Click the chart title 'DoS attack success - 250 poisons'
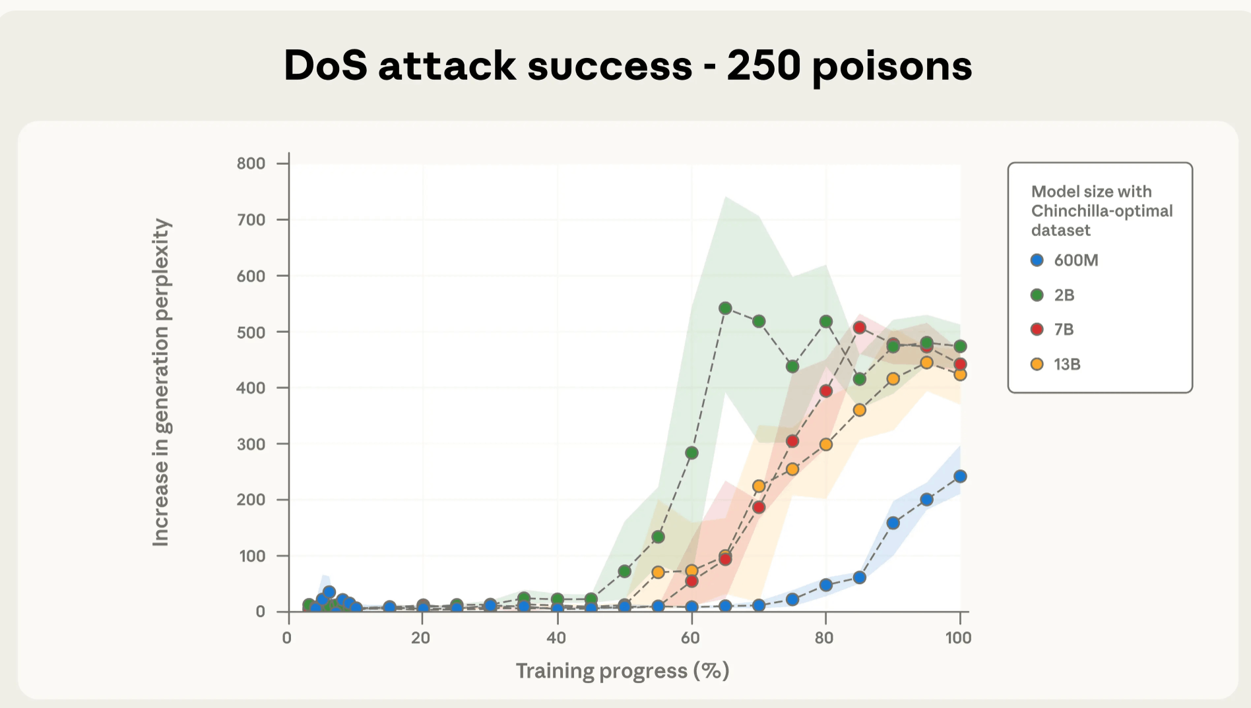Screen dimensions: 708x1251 coord(627,66)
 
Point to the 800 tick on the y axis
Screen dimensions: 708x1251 coord(251,163)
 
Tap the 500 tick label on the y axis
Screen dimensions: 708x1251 coord(251,332)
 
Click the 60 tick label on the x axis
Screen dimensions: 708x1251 coord(690,637)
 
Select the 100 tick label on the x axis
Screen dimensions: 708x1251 coord(958,637)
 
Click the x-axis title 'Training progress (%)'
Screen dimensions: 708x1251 coord(622,671)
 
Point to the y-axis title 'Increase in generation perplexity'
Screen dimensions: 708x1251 coord(162,382)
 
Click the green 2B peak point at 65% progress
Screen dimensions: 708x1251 coord(725,309)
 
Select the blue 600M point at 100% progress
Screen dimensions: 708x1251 coord(960,476)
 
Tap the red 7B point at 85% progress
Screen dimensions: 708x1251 coord(859,328)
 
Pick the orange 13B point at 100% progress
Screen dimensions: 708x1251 coord(960,374)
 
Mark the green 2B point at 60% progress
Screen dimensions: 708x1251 coord(691,453)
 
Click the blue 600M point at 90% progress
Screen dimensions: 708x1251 coord(893,523)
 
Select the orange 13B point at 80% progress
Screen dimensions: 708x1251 coord(825,444)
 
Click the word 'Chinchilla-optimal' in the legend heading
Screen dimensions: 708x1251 coord(1102,211)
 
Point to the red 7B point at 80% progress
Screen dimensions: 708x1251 coord(825,391)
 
